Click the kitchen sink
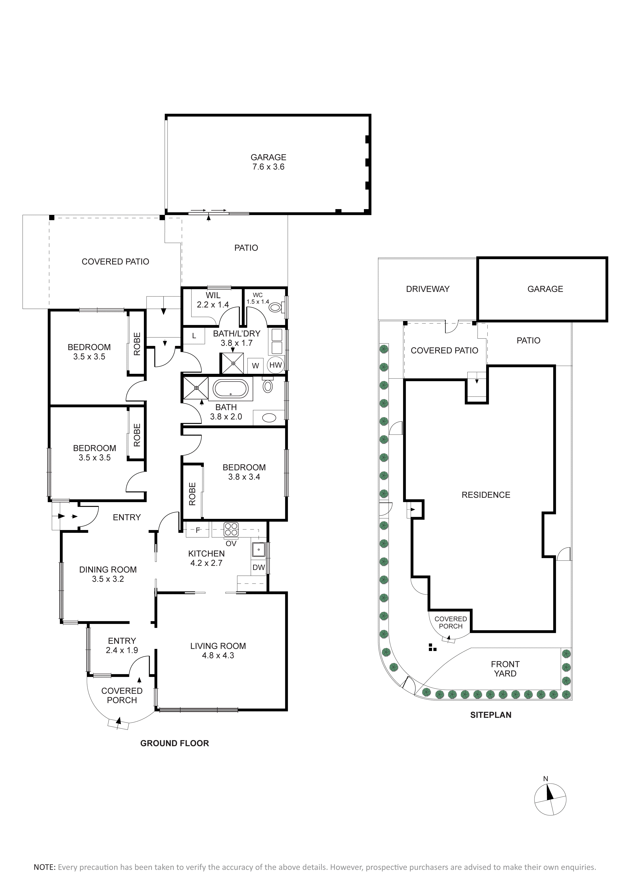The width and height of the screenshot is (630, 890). pyautogui.click(x=258, y=550)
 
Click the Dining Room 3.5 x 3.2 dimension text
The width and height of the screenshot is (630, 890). pyautogui.click(x=108, y=579)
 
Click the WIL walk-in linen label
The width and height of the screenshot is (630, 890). pyautogui.click(x=213, y=295)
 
